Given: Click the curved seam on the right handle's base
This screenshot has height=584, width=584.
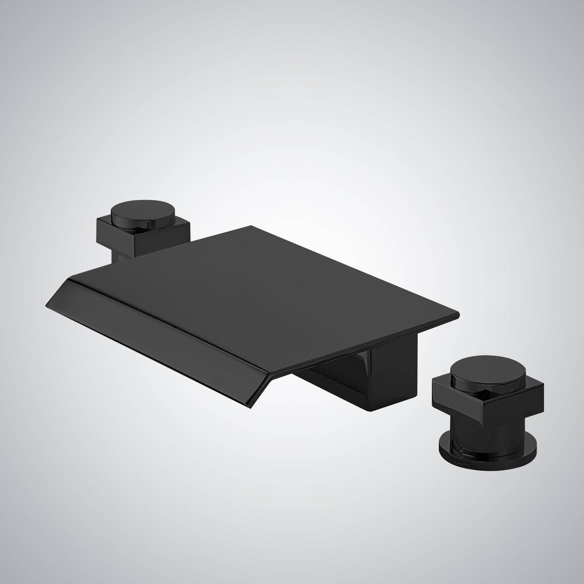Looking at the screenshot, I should pos(462,450).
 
